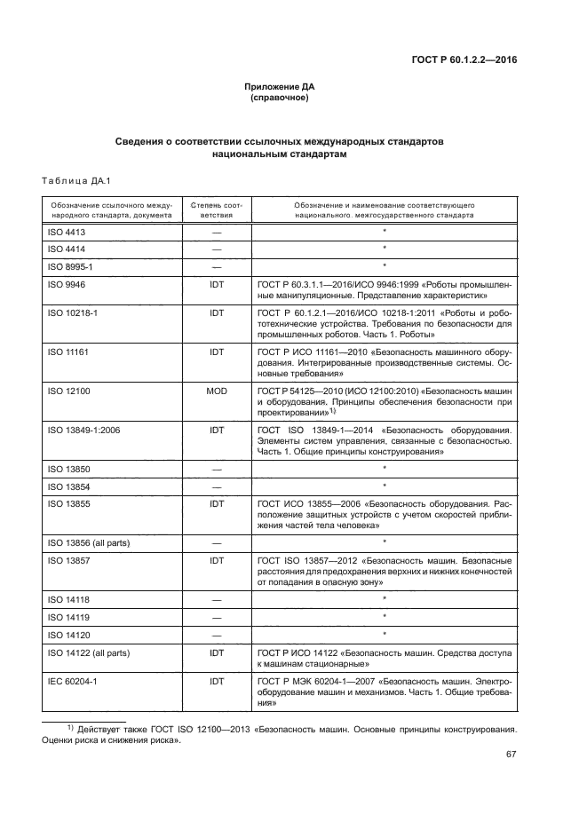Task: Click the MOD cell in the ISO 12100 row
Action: pos(216,391)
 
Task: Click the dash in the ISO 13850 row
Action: pos(216,468)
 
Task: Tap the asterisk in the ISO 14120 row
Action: pos(384,635)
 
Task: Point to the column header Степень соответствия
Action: pos(216,209)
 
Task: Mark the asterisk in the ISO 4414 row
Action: pos(384,249)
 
